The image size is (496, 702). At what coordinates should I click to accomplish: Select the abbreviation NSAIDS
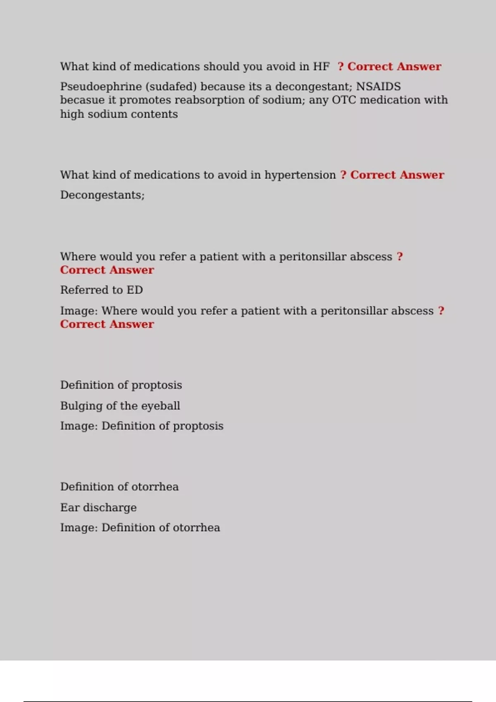tap(378, 87)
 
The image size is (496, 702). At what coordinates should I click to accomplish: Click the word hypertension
tap(300, 175)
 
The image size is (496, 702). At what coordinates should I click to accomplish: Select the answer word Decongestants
tap(102, 195)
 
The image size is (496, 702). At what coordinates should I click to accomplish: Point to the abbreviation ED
tap(135, 290)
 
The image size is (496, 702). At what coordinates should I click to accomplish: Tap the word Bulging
tap(81, 406)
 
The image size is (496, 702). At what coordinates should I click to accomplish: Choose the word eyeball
tap(160, 406)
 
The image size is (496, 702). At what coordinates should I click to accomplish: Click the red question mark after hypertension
tap(343, 175)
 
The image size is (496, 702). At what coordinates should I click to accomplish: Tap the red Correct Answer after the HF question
tap(394, 66)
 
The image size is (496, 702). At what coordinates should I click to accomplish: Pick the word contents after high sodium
tap(157, 114)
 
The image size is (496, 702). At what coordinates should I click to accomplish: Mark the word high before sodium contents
tap(72, 114)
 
